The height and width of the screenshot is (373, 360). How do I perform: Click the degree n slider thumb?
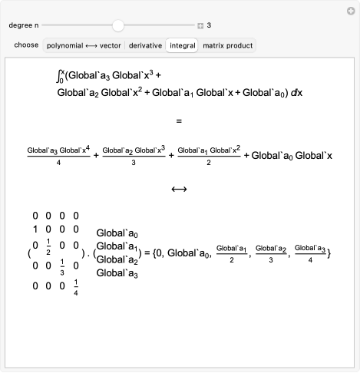[x=117, y=25]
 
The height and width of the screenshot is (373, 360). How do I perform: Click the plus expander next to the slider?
[x=200, y=25]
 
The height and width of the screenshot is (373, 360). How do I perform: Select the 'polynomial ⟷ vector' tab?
[x=83, y=45]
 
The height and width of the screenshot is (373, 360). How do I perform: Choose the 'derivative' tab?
[x=145, y=45]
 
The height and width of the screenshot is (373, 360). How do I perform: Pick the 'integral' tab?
[x=182, y=45]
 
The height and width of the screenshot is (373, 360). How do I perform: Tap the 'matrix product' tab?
[x=227, y=45]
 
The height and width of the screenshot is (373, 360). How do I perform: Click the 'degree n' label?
[x=27, y=25]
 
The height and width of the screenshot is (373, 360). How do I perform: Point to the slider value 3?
[x=209, y=25]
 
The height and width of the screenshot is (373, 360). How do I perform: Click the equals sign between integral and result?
[x=179, y=120]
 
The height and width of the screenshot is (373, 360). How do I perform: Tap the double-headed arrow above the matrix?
[x=179, y=189]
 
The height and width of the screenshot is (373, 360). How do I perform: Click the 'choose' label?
[x=26, y=45]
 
